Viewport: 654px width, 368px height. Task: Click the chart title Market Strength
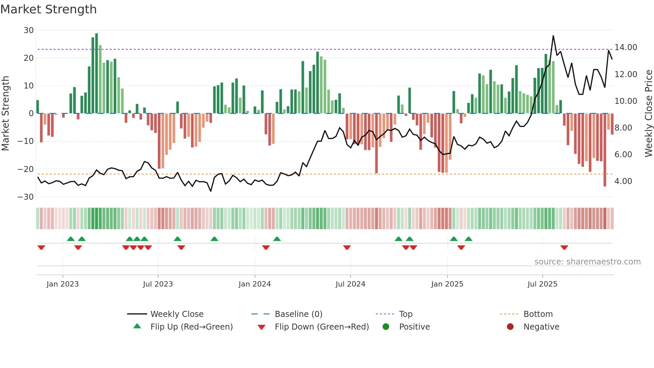click(48, 9)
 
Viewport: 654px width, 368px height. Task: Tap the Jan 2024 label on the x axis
click(255, 284)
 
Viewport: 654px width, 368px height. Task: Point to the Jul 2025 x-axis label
click(542, 284)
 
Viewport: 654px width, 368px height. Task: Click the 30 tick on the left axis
click(29, 30)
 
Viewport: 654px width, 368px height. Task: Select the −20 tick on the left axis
click(26, 169)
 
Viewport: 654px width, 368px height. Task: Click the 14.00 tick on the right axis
click(626, 47)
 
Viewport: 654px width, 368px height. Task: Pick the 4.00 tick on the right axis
click(623, 181)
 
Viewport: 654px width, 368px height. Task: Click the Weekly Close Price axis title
click(648, 114)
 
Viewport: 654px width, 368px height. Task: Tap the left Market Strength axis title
click(5, 114)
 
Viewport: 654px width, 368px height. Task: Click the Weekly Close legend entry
click(177, 314)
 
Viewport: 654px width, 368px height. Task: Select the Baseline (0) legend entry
click(298, 314)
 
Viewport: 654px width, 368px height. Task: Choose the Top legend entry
click(405, 314)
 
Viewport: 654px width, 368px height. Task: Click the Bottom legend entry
click(538, 314)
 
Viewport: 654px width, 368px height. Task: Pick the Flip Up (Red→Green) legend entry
click(191, 327)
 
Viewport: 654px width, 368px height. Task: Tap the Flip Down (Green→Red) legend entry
click(322, 327)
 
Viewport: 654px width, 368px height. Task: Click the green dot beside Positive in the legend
click(386, 327)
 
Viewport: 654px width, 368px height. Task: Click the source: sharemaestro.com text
click(587, 262)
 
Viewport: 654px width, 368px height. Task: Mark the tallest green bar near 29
click(96, 73)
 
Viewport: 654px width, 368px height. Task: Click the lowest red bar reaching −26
click(605, 150)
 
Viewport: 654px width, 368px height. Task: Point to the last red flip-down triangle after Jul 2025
click(564, 247)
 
